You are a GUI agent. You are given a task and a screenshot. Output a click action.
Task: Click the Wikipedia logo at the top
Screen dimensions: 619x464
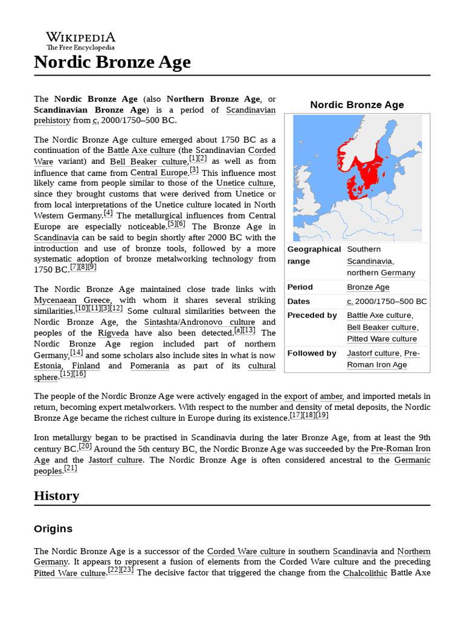click(80, 41)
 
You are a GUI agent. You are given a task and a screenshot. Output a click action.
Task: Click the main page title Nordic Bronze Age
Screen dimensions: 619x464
click(112, 62)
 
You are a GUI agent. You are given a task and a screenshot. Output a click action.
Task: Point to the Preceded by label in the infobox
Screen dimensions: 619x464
click(312, 316)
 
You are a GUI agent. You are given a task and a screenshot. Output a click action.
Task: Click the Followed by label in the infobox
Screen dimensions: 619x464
click(312, 354)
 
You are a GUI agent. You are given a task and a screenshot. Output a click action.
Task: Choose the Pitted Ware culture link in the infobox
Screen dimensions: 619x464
click(381, 339)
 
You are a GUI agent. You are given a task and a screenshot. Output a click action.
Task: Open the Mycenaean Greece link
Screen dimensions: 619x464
click(72, 300)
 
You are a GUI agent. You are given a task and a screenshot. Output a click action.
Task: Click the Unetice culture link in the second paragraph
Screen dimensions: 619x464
click(245, 183)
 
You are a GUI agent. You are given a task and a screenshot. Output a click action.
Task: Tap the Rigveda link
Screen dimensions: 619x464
click(112, 333)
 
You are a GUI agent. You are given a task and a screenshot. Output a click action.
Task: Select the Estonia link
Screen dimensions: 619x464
click(48, 366)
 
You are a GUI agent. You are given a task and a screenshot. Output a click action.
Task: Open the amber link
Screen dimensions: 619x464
click(330, 397)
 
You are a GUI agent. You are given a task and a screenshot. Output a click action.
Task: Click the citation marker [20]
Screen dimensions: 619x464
click(85, 447)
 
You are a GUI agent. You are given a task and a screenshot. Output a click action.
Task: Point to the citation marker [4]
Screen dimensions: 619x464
click(108, 213)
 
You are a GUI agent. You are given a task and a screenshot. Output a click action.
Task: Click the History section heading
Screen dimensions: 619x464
click(56, 496)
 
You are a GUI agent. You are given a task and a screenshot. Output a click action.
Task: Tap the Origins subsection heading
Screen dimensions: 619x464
click(53, 529)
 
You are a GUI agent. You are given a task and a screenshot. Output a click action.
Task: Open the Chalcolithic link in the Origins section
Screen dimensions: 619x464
click(365, 573)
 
